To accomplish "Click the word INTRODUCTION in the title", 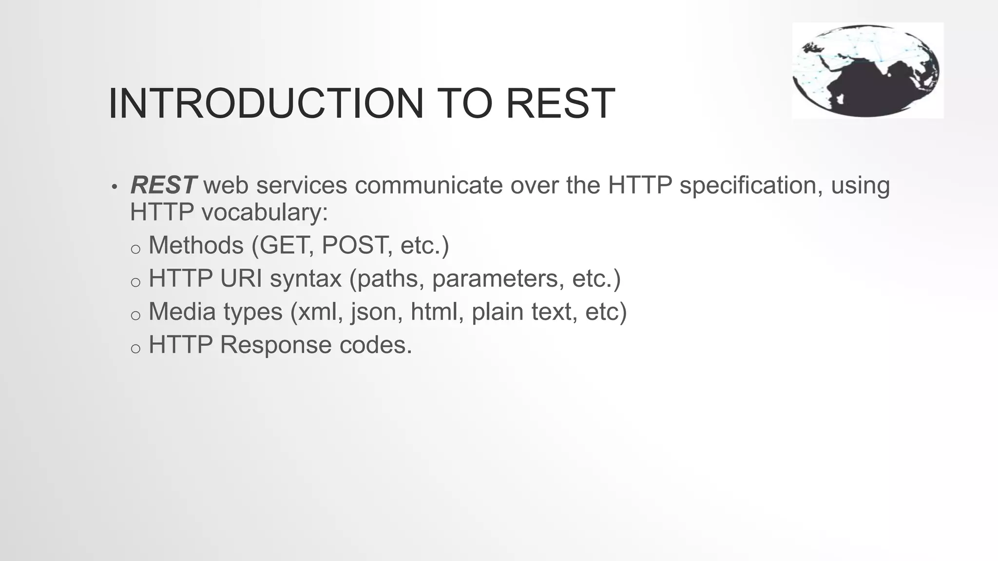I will coord(266,103).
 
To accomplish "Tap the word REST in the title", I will coord(560,103).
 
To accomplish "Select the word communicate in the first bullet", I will coord(429,185).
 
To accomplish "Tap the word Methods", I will coord(196,245).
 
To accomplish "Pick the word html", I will coord(437,312).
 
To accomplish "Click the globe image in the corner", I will coord(867,70).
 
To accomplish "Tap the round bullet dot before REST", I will coord(115,187).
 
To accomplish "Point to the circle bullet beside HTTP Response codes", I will coord(135,349).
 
